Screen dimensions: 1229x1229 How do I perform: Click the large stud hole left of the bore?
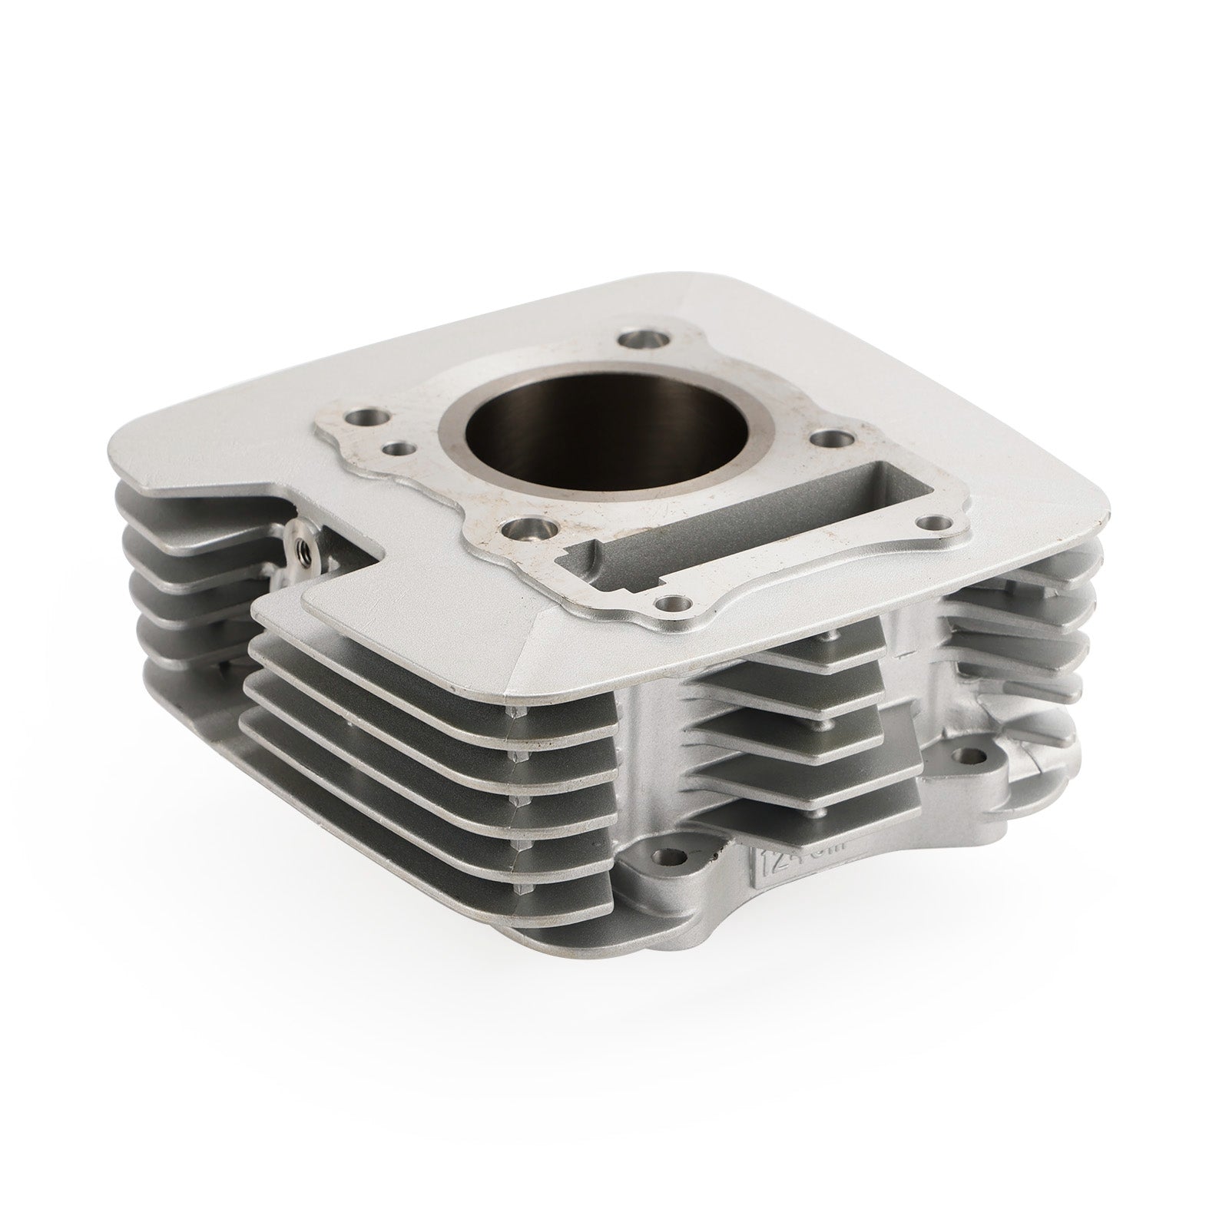coord(366,419)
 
